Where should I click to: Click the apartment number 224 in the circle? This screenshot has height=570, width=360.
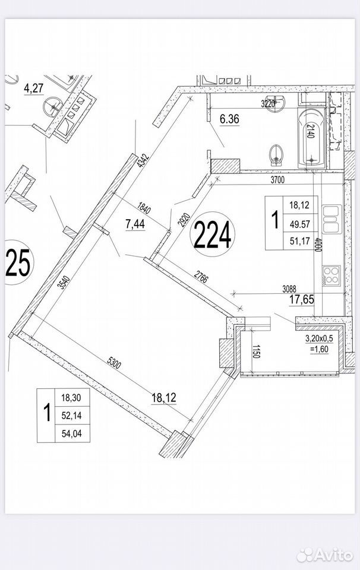click(212, 235)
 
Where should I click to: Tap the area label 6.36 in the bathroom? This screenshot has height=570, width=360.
click(229, 119)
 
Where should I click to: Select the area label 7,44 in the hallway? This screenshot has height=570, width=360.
click(135, 224)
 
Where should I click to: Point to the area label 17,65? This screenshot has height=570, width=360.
click(301, 299)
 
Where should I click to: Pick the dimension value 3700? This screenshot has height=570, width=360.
click(277, 179)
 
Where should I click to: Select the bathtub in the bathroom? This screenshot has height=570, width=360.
click(312, 138)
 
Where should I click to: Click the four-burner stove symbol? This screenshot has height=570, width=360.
click(331, 275)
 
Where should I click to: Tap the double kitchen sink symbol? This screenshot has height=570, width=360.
click(331, 219)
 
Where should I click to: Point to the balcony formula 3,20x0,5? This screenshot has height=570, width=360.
click(319, 338)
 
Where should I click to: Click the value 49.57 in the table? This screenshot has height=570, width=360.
click(300, 224)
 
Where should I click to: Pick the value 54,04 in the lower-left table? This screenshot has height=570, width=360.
click(71, 433)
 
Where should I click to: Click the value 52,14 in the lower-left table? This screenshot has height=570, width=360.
click(71, 416)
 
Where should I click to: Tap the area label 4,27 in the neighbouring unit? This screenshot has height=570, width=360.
click(33, 88)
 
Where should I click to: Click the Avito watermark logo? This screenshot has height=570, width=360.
click(325, 555)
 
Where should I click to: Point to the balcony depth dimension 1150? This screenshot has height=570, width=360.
click(256, 351)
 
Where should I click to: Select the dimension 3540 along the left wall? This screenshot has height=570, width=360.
click(64, 281)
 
